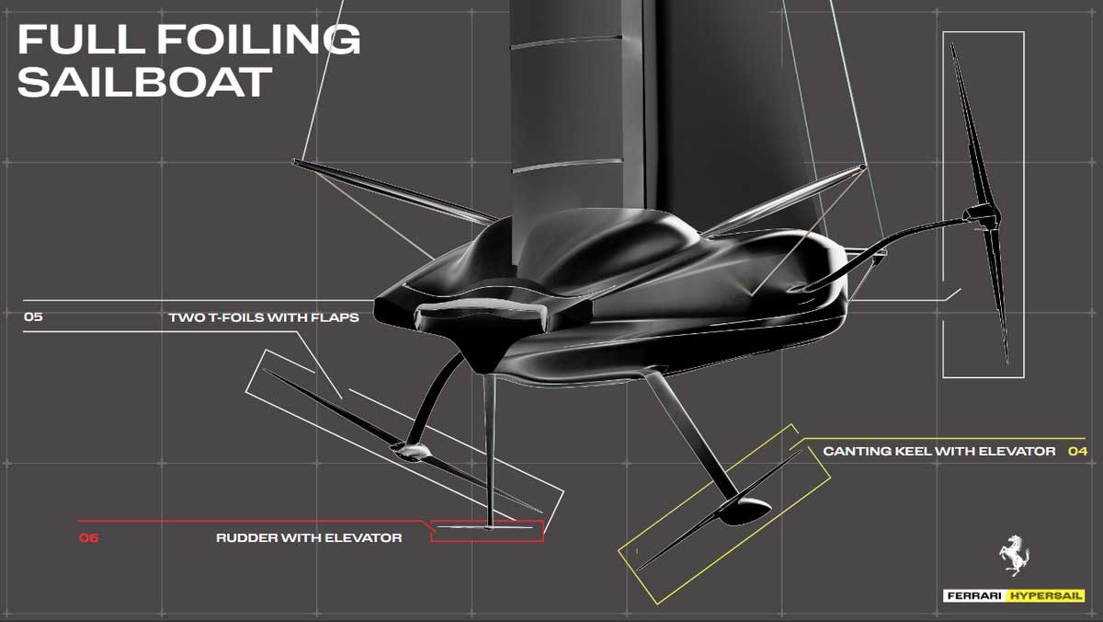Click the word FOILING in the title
258,39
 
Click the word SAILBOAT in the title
145,81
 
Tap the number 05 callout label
33,317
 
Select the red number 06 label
88,537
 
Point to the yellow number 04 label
1077,451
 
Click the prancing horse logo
1015,555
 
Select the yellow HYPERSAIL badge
1045,596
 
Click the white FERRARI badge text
974,596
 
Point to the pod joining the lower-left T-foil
411,450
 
